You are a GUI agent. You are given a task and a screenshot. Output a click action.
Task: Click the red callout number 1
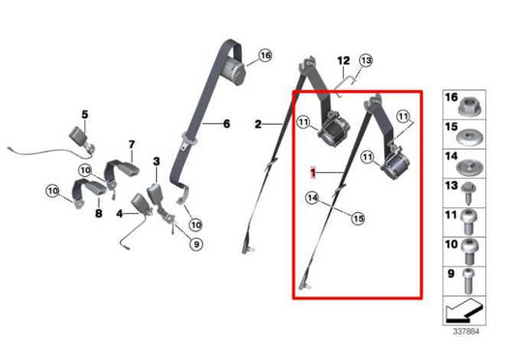click(x=313, y=172)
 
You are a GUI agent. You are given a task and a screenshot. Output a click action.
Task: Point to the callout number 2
click(x=258, y=124)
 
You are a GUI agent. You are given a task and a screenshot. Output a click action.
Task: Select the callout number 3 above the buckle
click(x=155, y=160)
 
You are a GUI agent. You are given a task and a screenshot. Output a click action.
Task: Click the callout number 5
click(x=84, y=115)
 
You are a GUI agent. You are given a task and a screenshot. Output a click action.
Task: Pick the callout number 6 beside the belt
click(x=227, y=124)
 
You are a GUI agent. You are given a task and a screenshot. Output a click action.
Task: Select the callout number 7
click(x=131, y=145)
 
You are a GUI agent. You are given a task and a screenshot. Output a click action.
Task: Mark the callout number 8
click(x=98, y=213)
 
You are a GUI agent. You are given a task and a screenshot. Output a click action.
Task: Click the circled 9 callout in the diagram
click(x=196, y=244)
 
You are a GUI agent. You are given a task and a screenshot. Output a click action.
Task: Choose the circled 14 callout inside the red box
click(x=312, y=199)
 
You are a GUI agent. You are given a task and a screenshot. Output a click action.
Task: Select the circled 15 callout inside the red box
click(x=357, y=218)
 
